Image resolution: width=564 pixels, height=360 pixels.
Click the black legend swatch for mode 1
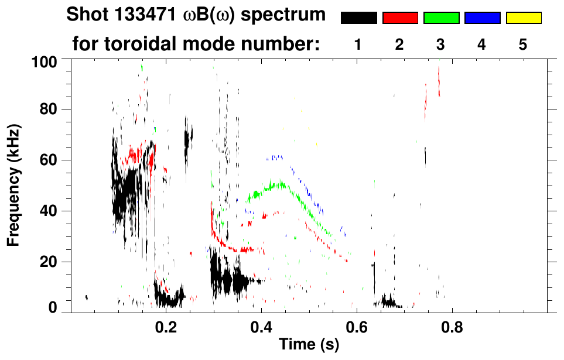(358, 18)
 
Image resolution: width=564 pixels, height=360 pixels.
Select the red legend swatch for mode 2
(400, 18)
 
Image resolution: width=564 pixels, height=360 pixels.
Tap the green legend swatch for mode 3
(441, 18)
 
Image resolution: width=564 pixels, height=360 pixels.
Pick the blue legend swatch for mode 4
(482, 18)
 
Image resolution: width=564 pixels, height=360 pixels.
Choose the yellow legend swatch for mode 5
(524, 18)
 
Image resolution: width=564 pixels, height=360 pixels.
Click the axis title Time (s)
(309, 345)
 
